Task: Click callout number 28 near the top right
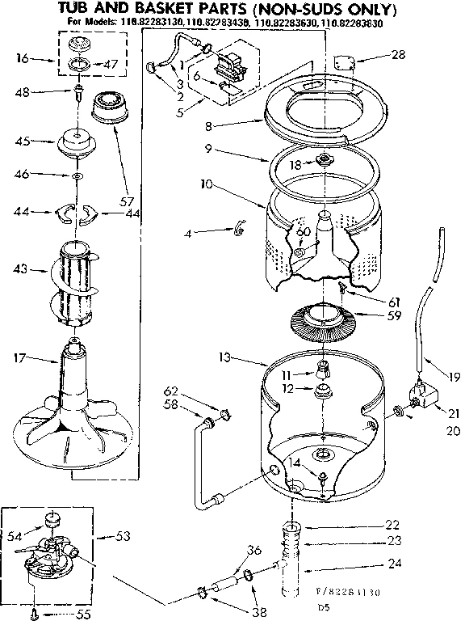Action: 398,55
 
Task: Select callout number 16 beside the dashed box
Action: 22,59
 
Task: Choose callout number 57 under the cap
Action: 126,200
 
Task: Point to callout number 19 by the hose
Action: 454,374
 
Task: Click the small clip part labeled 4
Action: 238,231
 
